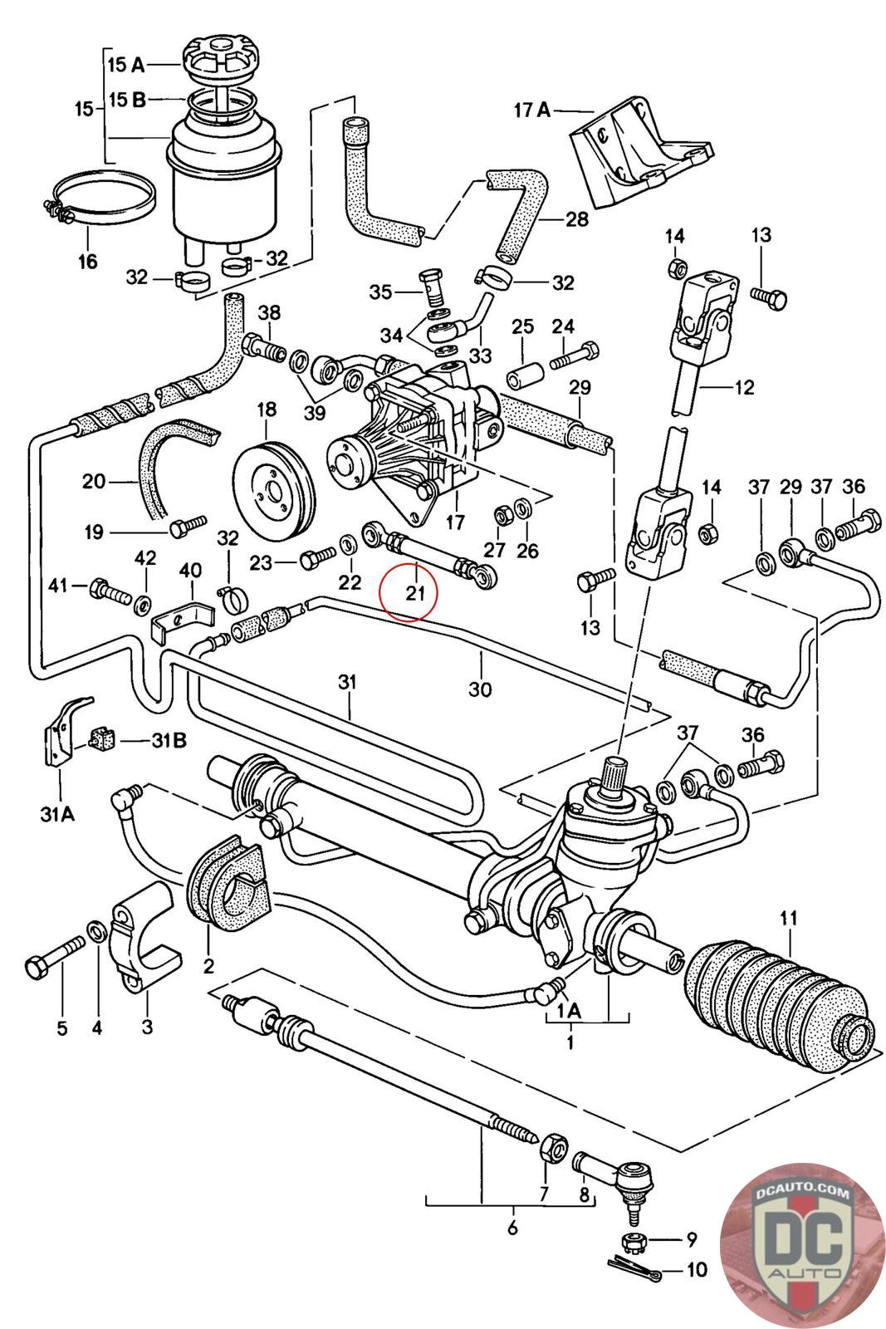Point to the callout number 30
480,688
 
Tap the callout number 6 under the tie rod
512,1228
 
